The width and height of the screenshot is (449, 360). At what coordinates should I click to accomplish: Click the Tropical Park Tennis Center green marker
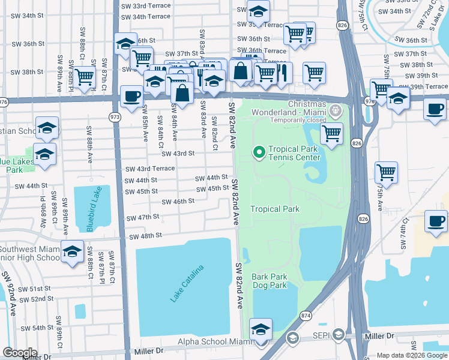click(259, 153)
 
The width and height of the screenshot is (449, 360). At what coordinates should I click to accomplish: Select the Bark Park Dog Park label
click(270, 281)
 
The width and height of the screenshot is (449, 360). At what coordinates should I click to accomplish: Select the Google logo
click(20, 352)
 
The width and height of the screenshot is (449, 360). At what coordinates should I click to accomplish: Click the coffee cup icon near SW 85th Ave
click(131, 95)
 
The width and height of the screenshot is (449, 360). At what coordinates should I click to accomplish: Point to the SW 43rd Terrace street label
click(150, 169)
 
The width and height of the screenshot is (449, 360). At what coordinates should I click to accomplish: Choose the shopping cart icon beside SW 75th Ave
click(386, 172)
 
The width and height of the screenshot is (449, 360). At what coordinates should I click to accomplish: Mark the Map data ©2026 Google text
click(411, 355)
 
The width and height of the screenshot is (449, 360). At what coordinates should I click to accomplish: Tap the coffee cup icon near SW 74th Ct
click(435, 220)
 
